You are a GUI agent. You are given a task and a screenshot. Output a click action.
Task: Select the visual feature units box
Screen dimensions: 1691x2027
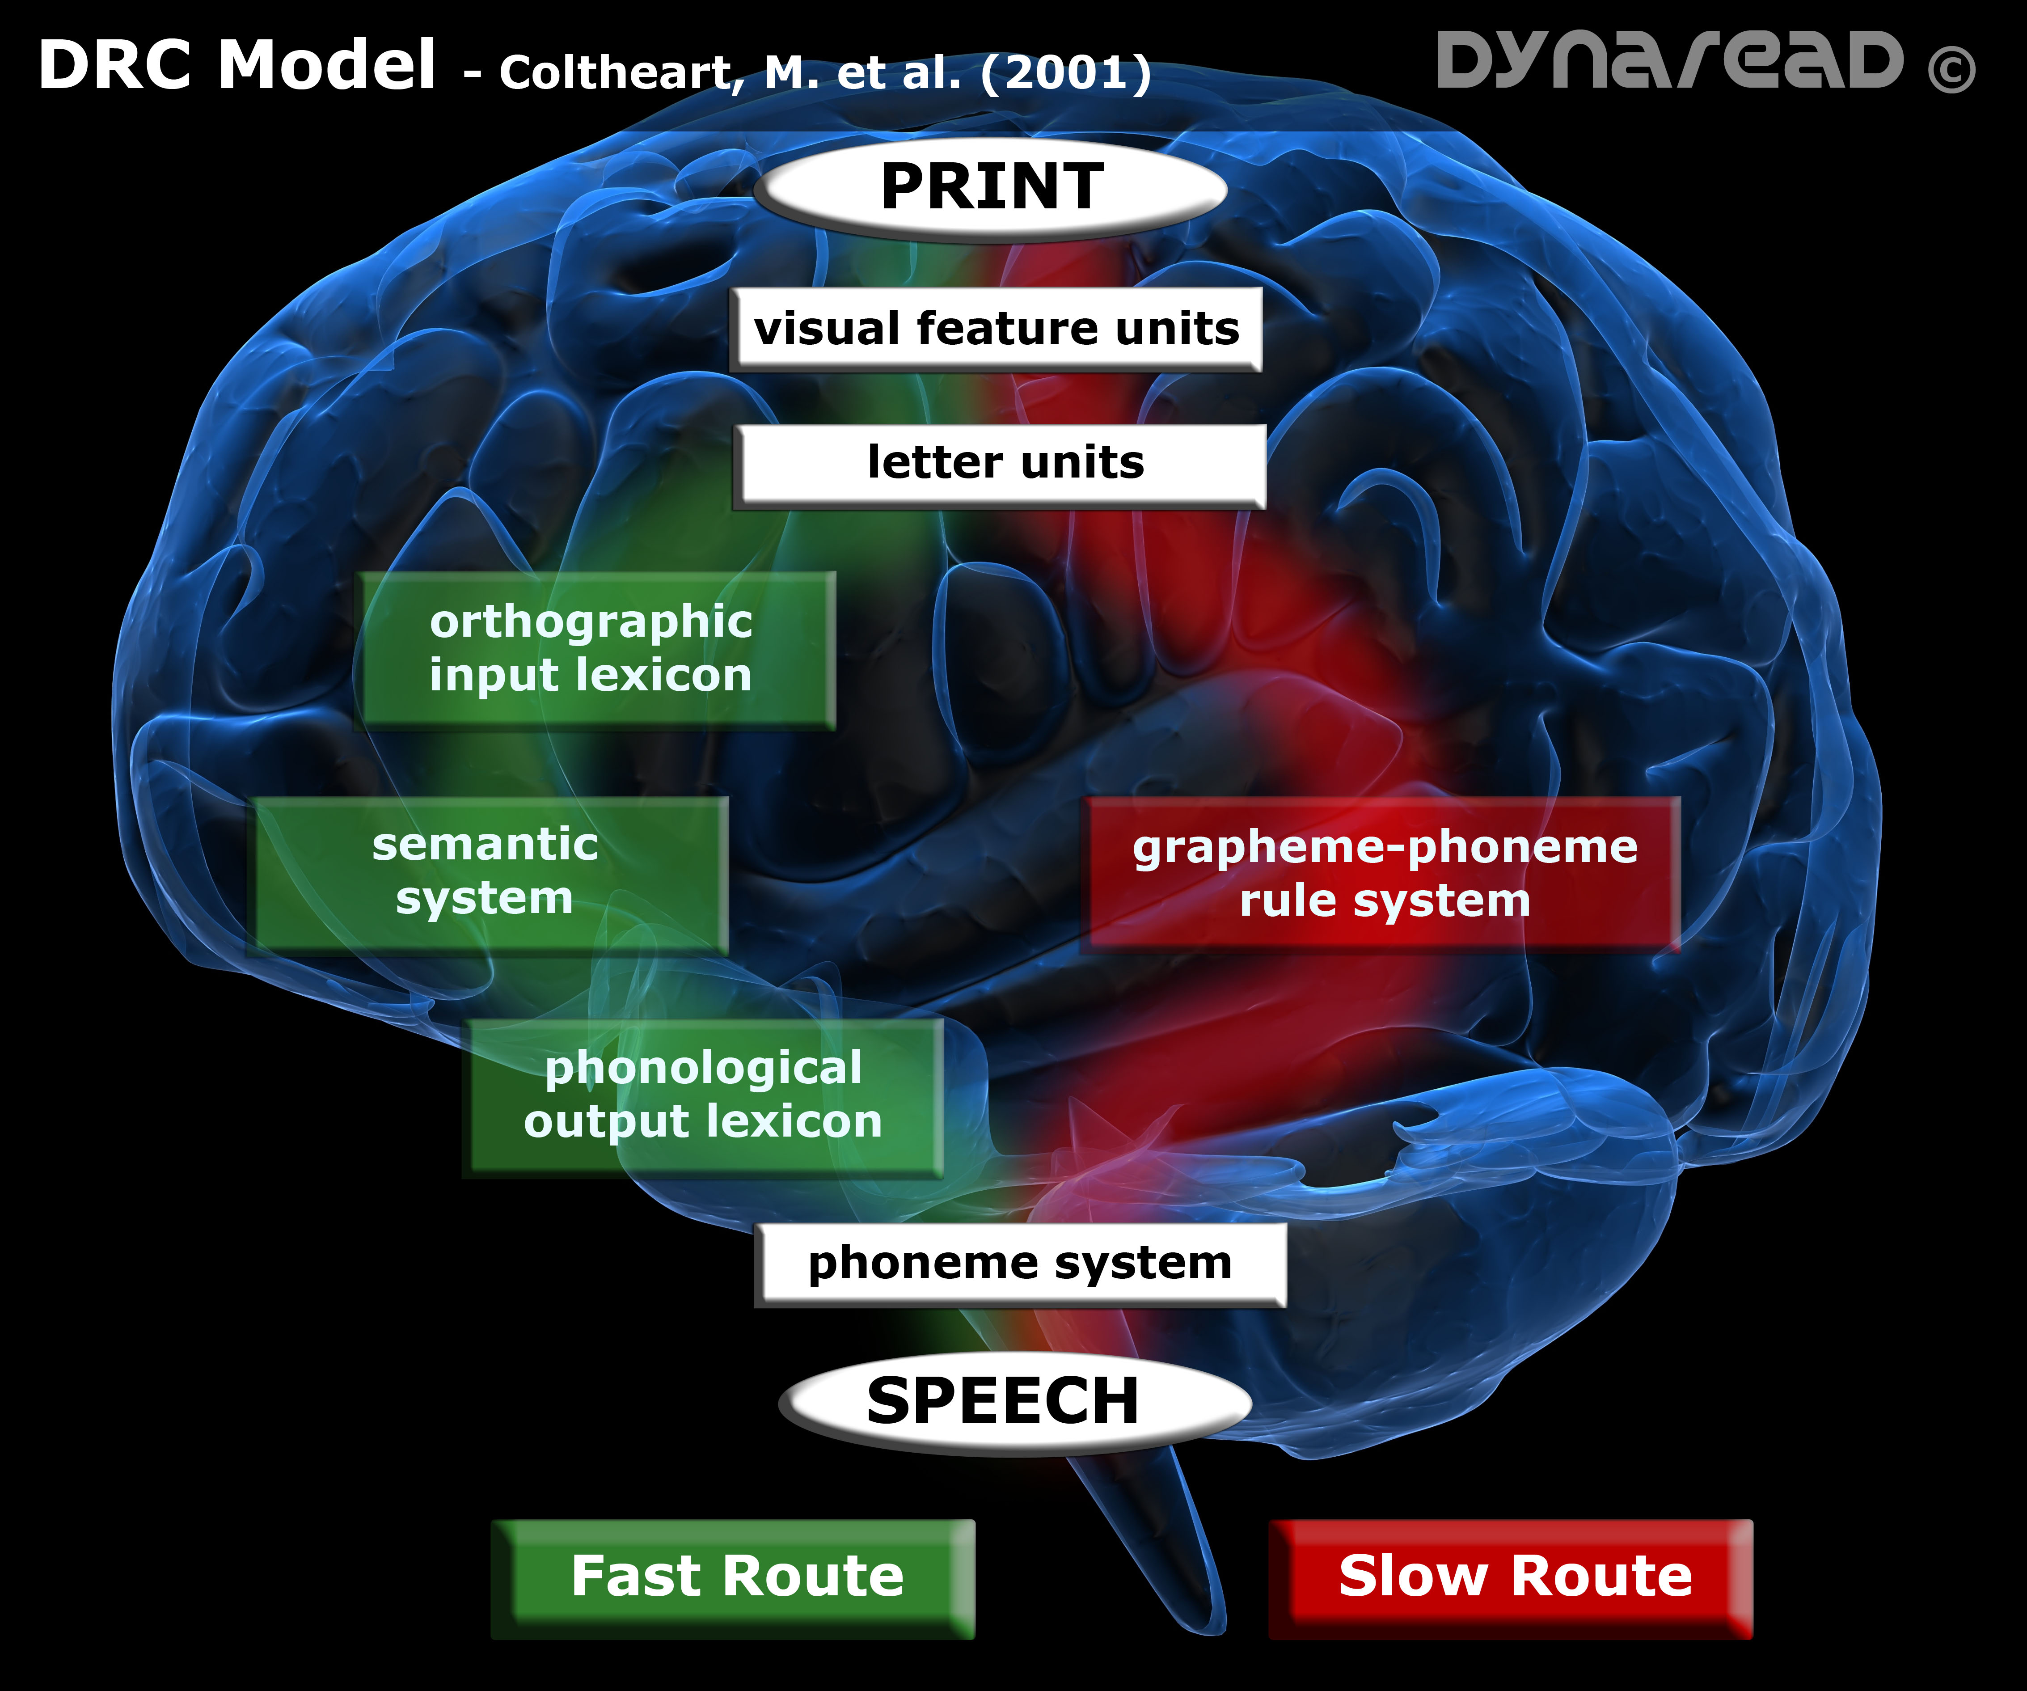[x=996, y=329]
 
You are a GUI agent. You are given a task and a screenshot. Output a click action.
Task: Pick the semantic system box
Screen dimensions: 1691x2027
[x=487, y=872]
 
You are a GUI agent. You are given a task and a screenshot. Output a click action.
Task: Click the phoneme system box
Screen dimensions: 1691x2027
[x=1020, y=1264]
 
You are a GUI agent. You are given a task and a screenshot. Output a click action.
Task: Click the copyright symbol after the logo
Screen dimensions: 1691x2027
[x=1951, y=69]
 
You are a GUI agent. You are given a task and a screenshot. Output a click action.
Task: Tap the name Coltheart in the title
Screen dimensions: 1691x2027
[x=618, y=73]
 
